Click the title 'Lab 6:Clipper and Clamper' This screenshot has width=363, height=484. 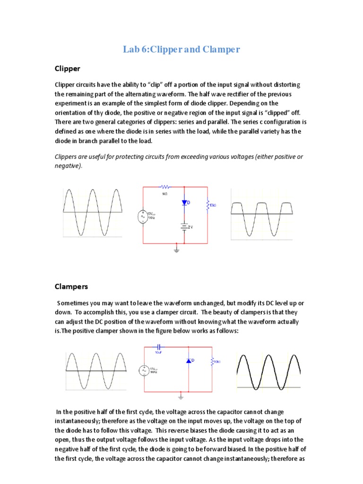[x=181, y=49]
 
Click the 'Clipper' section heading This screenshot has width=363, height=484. [x=67, y=69]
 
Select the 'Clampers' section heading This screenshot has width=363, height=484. [x=71, y=286]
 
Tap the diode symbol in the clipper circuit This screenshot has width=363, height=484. [x=185, y=203]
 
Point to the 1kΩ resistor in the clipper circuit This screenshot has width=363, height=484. [x=166, y=187]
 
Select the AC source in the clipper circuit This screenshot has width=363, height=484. [x=143, y=217]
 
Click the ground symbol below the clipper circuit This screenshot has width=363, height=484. [x=177, y=249]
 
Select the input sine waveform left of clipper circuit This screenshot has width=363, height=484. [x=93, y=213]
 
